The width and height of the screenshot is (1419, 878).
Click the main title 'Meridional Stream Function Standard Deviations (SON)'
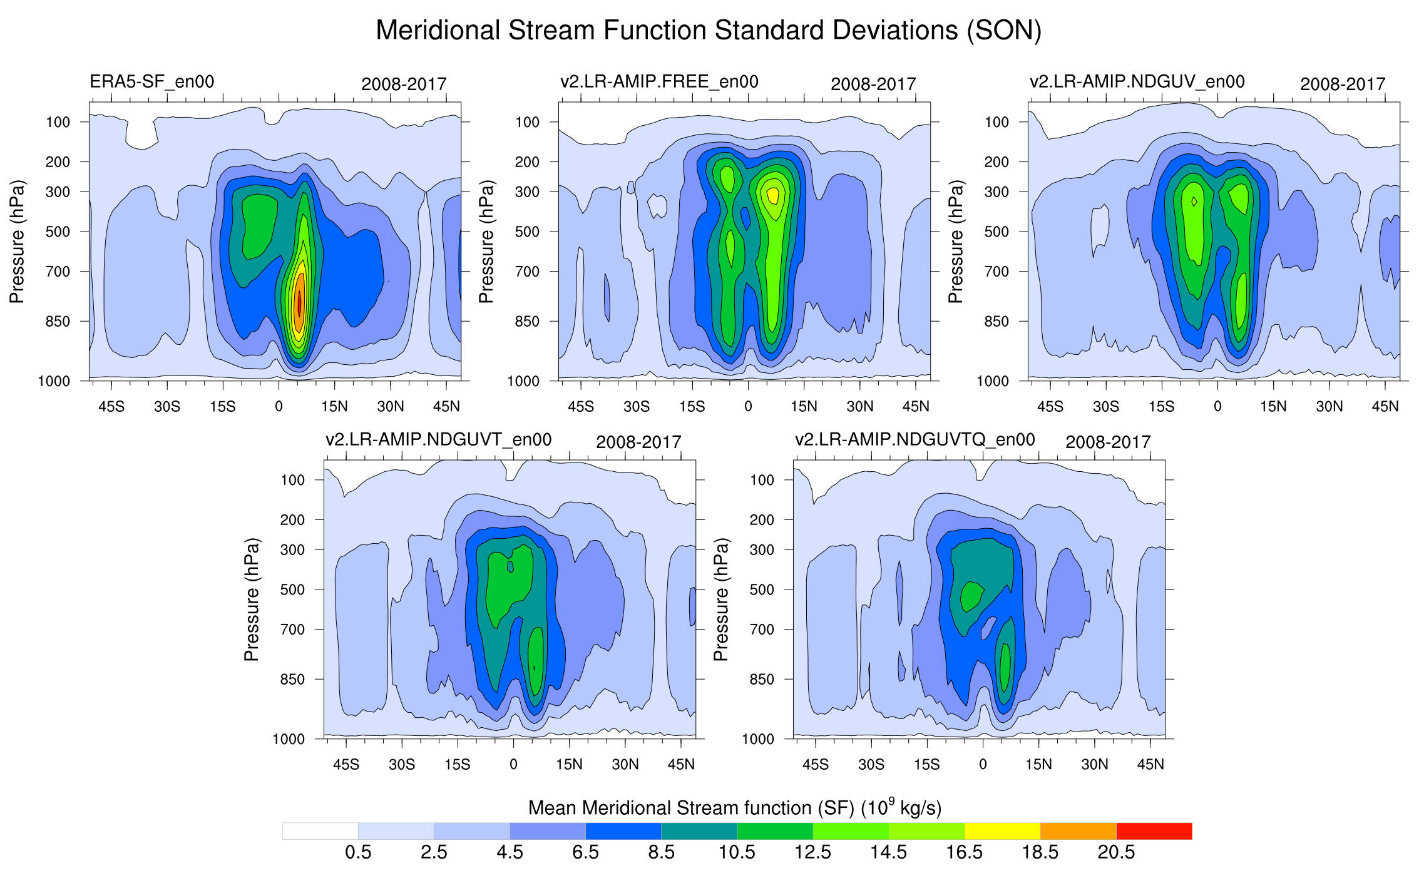coord(709,30)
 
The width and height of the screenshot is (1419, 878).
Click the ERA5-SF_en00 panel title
coord(152,82)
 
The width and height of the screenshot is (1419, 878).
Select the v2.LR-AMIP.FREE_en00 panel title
coord(659,82)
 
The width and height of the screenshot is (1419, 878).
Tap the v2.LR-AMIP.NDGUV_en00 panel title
coord(1137,82)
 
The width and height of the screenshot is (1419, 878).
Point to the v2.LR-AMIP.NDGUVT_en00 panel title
coord(438,440)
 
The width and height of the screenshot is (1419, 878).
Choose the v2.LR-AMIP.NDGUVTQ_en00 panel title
coord(914,440)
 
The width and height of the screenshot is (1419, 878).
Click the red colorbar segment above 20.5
coord(1154,831)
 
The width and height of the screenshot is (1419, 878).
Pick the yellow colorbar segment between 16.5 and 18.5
coord(1002,831)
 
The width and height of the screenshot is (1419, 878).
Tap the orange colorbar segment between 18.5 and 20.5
coord(1078,831)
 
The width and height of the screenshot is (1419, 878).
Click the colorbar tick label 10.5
coord(737,852)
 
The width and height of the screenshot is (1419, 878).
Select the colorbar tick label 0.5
coord(358,852)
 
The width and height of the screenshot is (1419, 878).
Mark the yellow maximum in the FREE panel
coord(773,195)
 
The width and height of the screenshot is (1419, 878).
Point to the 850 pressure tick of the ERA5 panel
coord(58,322)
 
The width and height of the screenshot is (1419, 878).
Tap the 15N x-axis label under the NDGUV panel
coord(1273,407)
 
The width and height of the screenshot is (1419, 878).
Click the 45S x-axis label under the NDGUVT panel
coord(346,765)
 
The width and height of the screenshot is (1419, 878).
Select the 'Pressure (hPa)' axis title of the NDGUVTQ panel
coord(721,600)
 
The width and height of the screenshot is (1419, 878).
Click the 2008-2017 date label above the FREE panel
coord(873,84)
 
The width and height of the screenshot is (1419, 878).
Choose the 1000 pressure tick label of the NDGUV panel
coord(993,381)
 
